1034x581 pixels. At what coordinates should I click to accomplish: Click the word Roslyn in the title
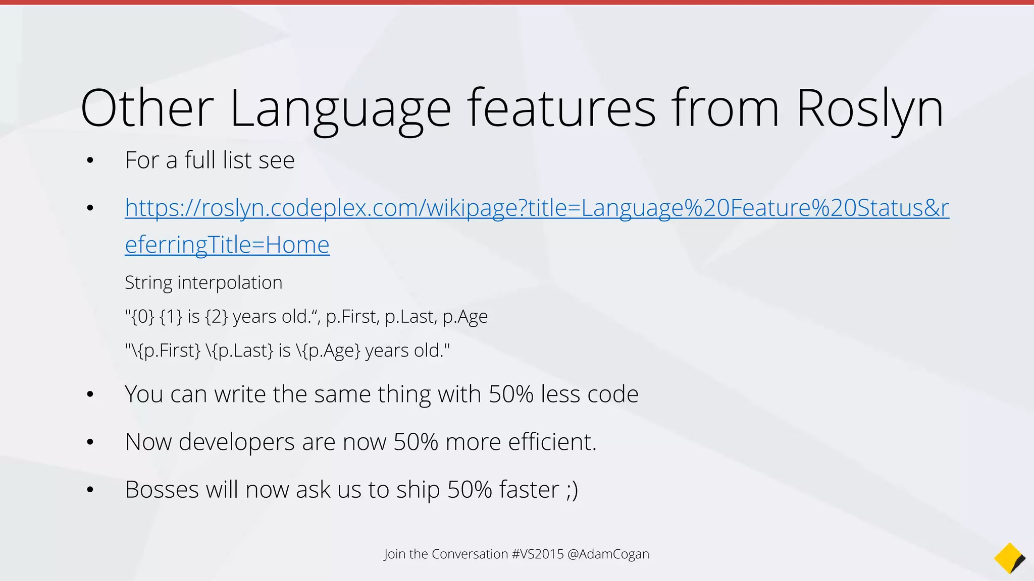(869, 108)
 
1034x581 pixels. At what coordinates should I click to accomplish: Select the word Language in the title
(340, 108)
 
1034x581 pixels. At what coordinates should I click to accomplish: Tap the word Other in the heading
(147, 108)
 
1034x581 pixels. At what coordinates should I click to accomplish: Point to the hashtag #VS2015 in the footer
(537, 554)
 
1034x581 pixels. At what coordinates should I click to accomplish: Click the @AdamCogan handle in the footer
(608, 554)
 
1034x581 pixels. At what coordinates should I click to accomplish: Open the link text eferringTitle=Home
(227, 245)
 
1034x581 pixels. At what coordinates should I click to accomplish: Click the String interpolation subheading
(203, 282)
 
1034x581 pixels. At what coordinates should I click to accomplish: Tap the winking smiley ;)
(572, 490)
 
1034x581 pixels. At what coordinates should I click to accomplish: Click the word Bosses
(162, 490)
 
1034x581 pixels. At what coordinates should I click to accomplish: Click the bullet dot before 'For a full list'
(90, 161)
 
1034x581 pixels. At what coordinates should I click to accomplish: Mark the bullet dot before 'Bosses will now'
(90, 490)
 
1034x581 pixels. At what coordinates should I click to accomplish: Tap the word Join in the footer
(395, 554)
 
